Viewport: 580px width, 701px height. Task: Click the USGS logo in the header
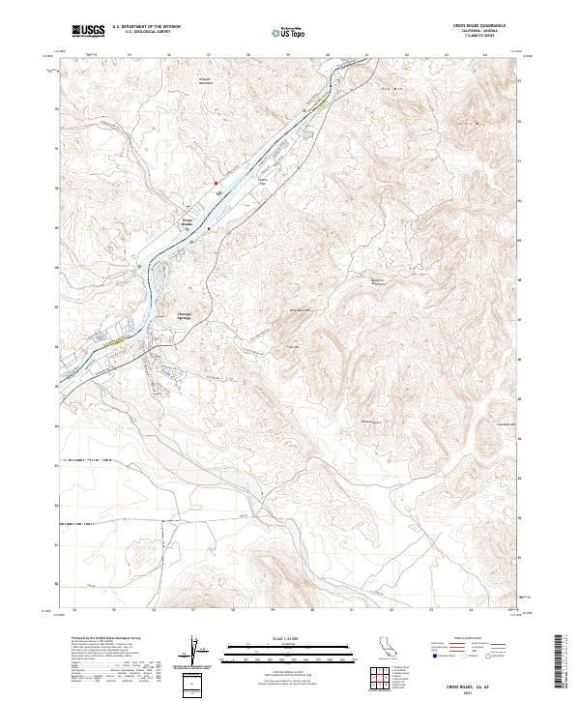click(89, 31)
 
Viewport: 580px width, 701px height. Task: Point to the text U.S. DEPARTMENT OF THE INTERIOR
click(146, 27)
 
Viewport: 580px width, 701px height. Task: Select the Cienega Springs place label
click(190, 314)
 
